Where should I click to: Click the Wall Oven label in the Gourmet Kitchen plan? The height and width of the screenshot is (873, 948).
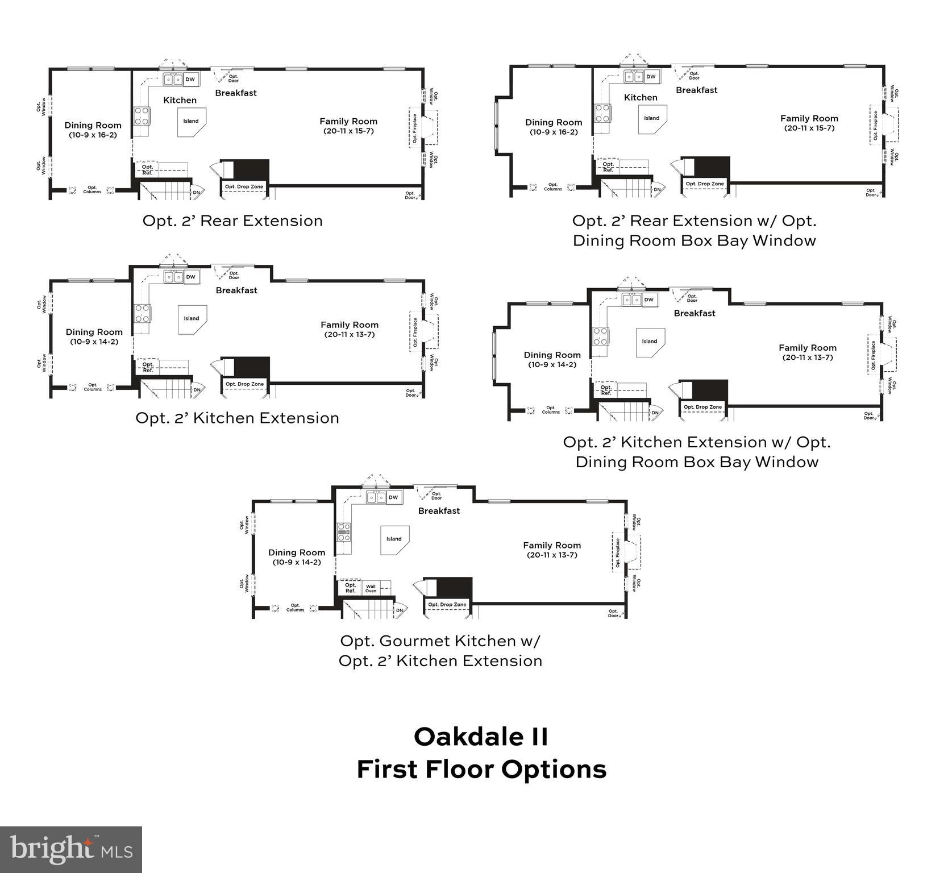pyautogui.click(x=371, y=589)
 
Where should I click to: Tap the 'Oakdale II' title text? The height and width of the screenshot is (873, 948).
pyautogui.click(x=481, y=737)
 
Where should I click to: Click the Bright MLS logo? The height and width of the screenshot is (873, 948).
pyautogui.click(x=71, y=850)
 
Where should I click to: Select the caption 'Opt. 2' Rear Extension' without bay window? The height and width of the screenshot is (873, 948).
pyautogui.click(x=232, y=221)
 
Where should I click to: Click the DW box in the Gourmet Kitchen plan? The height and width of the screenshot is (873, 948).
pyautogui.click(x=393, y=497)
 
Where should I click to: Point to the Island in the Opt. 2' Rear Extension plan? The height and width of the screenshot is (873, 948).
pyautogui.click(x=191, y=121)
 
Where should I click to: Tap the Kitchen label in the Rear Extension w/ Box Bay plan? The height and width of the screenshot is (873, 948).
pyautogui.click(x=641, y=98)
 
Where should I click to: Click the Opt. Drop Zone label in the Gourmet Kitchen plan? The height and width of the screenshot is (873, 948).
pyautogui.click(x=447, y=605)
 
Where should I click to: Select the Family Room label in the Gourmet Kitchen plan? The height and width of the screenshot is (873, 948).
pyautogui.click(x=552, y=545)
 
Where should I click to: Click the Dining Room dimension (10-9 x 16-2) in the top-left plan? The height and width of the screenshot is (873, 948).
pyautogui.click(x=93, y=135)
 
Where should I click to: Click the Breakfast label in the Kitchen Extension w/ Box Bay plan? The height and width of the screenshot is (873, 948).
pyautogui.click(x=695, y=313)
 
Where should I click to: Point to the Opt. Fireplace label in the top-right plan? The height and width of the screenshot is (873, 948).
pyautogui.click(x=875, y=125)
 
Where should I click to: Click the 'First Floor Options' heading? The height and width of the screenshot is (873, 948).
pyautogui.click(x=481, y=770)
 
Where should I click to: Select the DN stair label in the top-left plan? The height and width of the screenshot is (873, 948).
pyautogui.click(x=197, y=192)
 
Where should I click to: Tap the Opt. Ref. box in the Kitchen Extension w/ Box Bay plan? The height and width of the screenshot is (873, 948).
pyautogui.click(x=606, y=390)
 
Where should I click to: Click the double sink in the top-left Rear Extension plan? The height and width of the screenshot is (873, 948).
pyautogui.click(x=173, y=80)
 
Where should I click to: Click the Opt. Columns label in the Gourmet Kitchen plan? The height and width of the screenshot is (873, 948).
pyautogui.click(x=295, y=608)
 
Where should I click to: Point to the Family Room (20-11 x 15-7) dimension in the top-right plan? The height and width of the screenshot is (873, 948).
pyautogui.click(x=809, y=128)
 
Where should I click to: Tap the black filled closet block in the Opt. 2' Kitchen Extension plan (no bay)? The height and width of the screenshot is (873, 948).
pyautogui.click(x=251, y=367)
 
